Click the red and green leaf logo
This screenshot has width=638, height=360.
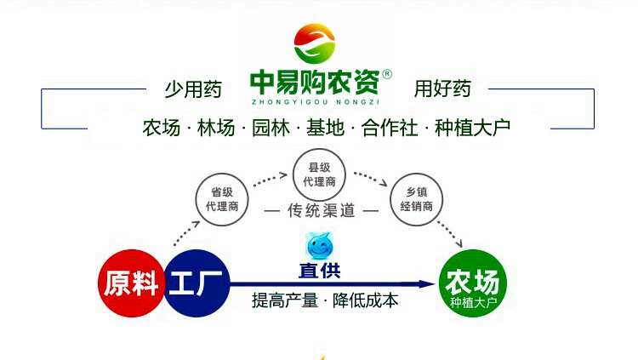pyautogui.click(x=315, y=43)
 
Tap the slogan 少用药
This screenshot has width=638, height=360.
pyautogui.click(x=193, y=88)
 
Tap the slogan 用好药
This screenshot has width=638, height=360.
pyautogui.click(x=442, y=88)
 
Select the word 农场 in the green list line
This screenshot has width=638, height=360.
pyautogui.click(x=162, y=129)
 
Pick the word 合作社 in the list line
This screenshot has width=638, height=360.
pyautogui.click(x=390, y=129)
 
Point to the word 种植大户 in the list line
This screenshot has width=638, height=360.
pyautogui.click(x=472, y=129)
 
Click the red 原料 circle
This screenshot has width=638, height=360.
pyautogui.click(x=132, y=283)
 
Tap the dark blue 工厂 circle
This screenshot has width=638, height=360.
pyautogui.click(x=197, y=283)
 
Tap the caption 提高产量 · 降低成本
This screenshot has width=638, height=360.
pyautogui.click(x=325, y=301)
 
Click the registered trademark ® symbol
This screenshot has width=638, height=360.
pyautogui.click(x=387, y=74)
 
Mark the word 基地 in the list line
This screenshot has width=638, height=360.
pyautogui.click(x=323, y=129)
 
